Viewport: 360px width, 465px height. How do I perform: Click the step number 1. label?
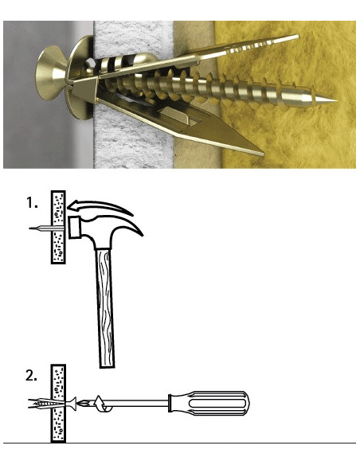[x=32, y=203]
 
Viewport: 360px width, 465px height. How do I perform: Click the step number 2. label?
[x=31, y=376]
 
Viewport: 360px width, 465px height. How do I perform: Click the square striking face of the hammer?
[x=74, y=228]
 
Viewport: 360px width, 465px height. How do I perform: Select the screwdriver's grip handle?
[x=209, y=404]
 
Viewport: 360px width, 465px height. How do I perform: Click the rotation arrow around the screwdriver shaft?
[x=102, y=404]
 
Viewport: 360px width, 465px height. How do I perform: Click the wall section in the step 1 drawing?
[x=58, y=227]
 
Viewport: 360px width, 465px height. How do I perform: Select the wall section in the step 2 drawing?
[x=58, y=404]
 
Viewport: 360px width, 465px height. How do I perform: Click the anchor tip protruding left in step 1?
[x=40, y=228]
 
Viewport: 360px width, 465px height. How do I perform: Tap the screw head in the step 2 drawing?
[x=72, y=404]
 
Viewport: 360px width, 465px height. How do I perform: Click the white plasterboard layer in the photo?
[x=134, y=94]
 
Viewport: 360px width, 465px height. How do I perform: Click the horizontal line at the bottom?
[x=180, y=443]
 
